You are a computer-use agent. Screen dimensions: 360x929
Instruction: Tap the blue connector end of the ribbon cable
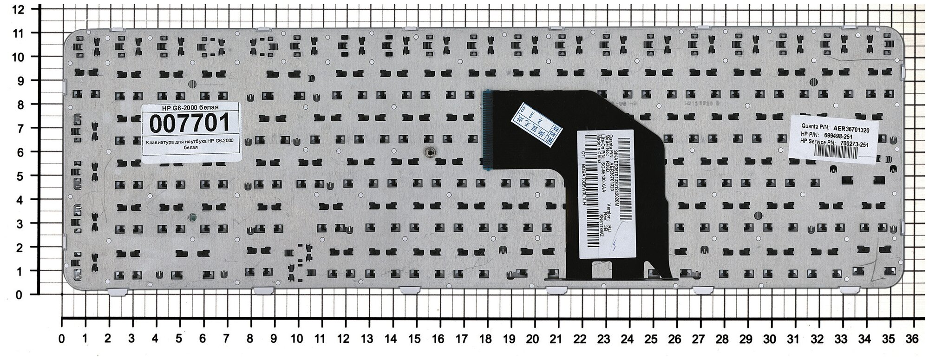(488, 129)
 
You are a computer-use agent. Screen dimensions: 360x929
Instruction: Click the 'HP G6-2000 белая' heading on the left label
(191, 107)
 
